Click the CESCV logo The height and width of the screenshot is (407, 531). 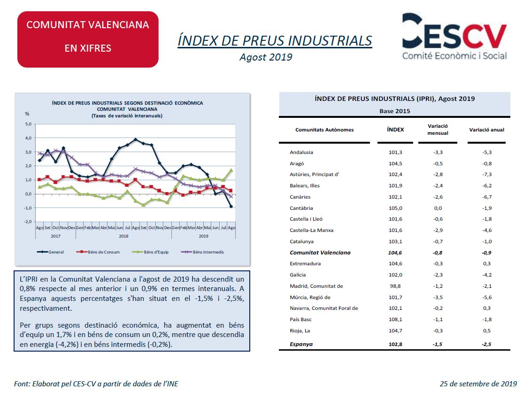pyautogui.click(x=454, y=37)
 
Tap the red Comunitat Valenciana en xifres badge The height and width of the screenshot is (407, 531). pyautogui.click(x=88, y=39)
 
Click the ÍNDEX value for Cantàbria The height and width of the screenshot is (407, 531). pyautogui.click(x=395, y=208)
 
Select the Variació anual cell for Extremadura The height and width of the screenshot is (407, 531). pyautogui.click(x=487, y=263)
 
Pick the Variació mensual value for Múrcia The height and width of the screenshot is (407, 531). pyautogui.click(x=438, y=297)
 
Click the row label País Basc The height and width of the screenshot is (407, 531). pyautogui.click(x=300, y=319)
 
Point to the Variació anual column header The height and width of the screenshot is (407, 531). pyautogui.click(x=486, y=130)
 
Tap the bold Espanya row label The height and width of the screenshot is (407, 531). pyautogui.click(x=301, y=344)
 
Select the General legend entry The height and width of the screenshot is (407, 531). pyautogui.click(x=50, y=252)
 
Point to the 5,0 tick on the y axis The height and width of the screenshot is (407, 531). pyautogui.click(x=28, y=124)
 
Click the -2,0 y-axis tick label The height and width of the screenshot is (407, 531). pyautogui.click(x=27, y=222)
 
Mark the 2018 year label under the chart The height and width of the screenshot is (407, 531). pyautogui.click(x=123, y=236)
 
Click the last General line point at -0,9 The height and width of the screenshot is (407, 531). pyautogui.click(x=231, y=206)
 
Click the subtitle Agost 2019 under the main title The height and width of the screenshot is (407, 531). pyautogui.click(x=266, y=57)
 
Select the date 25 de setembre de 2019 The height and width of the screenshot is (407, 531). pyautogui.click(x=478, y=384)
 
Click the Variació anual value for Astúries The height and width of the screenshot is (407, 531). pyautogui.click(x=487, y=174)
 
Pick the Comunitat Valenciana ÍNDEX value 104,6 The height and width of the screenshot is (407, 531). pyautogui.click(x=395, y=253)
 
